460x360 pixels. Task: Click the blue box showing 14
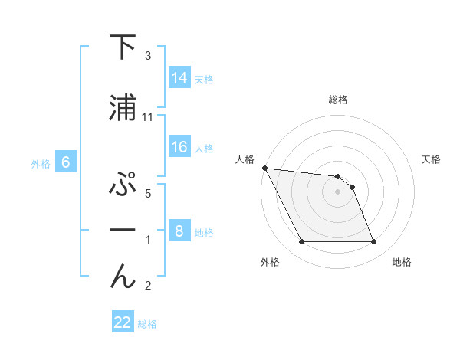179,77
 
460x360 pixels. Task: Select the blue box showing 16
179,147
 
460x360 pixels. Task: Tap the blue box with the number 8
179,231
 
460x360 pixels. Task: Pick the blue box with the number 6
66,162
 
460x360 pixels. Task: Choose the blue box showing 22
123,322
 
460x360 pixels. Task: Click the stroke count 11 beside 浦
148,117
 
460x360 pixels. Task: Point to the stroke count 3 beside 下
148,56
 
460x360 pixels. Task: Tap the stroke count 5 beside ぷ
148,194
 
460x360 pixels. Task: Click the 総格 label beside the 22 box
148,324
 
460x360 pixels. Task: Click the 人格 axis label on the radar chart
245,159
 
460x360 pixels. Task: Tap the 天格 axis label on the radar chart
432,159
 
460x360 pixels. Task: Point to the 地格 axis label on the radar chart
402,262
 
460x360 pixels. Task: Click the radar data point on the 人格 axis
264,168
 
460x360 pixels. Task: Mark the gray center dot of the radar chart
337,191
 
